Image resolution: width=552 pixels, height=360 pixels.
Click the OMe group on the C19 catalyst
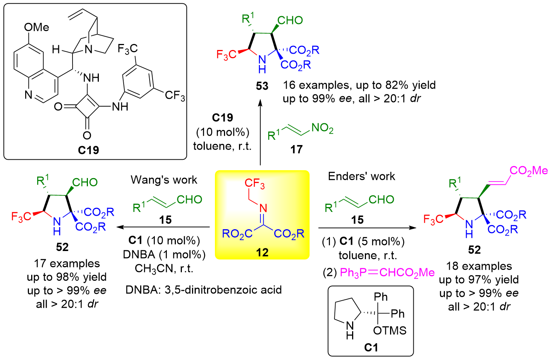[x=36, y=27]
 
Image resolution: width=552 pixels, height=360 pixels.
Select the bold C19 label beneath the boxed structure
[x=88, y=150]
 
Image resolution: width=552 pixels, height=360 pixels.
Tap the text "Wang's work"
[x=164, y=180]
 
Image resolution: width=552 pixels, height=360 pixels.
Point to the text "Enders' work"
[x=361, y=176]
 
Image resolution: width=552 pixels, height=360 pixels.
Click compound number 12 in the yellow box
[x=262, y=252]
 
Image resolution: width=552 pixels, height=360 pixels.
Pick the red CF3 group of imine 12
[x=254, y=183]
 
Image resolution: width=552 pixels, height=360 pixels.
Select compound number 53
[x=262, y=86]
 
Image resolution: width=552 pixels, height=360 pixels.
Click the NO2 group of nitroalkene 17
[x=322, y=129]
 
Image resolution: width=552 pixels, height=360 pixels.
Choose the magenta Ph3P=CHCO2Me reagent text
[x=387, y=272]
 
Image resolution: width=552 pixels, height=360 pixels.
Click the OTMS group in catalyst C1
[x=390, y=331]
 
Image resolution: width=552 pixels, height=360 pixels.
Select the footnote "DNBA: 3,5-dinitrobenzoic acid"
[x=203, y=290]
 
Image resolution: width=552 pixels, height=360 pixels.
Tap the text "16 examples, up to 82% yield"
[x=359, y=85]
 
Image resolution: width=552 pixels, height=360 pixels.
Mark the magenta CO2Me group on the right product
[x=529, y=171]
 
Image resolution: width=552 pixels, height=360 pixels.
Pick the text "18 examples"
[x=479, y=266]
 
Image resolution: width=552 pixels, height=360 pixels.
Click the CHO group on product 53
[x=290, y=20]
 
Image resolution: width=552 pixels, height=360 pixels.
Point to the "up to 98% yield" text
[x=67, y=277]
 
